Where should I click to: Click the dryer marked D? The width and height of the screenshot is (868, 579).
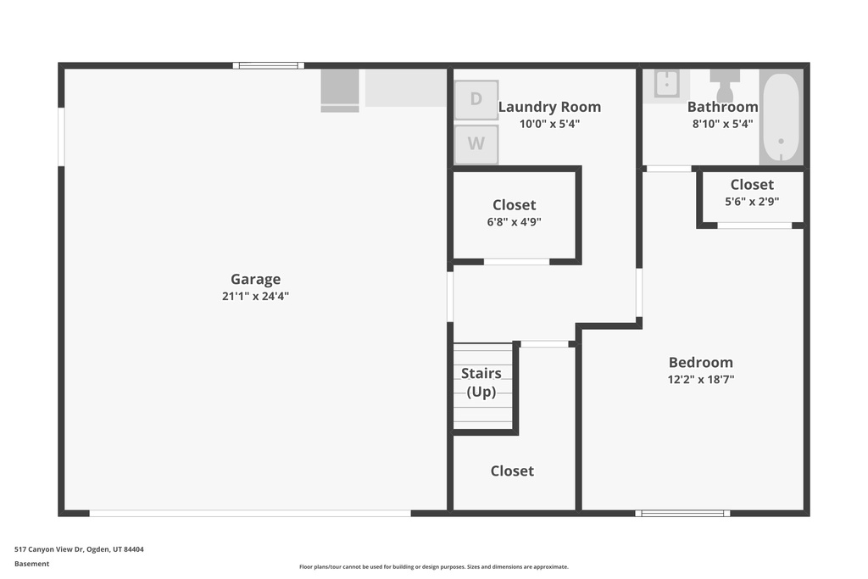[x=476, y=100]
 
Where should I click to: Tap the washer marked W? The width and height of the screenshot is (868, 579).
[x=476, y=144]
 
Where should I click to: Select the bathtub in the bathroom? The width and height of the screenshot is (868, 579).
[x=781, y=117]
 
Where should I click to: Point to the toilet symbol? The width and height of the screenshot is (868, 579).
[x=725, y=85]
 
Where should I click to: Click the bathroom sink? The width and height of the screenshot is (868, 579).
[x=666, y=85]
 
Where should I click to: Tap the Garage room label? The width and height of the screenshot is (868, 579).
[x=256, y=280]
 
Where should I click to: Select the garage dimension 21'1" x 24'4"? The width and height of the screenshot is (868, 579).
[x=256, y=296]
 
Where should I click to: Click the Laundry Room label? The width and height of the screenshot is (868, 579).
[x=549, y=107]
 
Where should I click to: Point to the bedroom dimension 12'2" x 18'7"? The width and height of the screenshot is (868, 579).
[x=701, y=379]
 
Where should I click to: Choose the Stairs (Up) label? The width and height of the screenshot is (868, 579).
[x=481, y=382]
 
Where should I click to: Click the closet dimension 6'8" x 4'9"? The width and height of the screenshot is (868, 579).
[x=515, y=222]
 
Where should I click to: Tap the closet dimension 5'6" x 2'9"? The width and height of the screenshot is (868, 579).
[x=753, y=202]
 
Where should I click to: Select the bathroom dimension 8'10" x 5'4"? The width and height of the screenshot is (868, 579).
[x=722, y=124]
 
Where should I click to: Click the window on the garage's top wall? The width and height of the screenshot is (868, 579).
[x=269, y=66]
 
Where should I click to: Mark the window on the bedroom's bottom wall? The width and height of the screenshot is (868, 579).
[x=682, y=514]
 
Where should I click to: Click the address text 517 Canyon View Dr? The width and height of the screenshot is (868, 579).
[x=48, y=549]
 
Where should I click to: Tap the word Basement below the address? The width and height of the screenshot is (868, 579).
[x=31, y=564]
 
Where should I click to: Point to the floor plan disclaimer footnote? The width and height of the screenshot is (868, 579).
[x=434, y=567]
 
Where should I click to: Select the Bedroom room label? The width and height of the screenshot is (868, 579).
[x=701, y=363]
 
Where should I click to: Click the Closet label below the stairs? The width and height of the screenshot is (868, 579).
[x=512, y=471]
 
